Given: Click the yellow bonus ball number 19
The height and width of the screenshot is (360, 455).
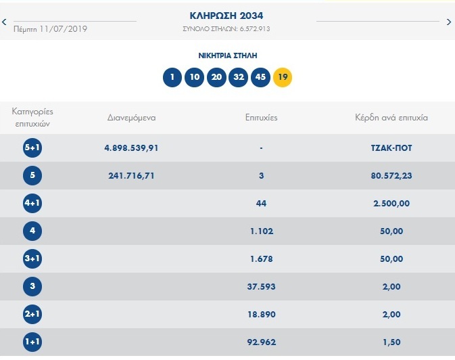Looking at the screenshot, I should coord(283,77).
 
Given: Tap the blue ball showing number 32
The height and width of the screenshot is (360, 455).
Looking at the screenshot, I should coord(239,77).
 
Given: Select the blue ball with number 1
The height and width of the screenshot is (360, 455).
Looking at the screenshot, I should coord(172,77).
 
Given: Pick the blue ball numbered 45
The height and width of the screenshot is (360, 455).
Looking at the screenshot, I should coord(260,77).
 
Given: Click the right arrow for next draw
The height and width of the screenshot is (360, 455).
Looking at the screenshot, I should coord(449,22).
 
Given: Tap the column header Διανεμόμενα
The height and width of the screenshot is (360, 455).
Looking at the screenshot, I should coord(132,118).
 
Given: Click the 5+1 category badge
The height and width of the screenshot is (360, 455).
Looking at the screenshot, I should coord(32,148).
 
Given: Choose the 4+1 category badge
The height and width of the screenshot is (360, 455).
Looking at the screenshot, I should coord(32,203).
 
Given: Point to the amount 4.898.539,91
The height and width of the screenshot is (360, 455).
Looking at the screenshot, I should coord(132,148).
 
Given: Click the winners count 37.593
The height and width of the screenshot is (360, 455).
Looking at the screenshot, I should coord(261,286).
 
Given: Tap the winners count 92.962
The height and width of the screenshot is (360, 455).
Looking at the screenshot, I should coord(261,341).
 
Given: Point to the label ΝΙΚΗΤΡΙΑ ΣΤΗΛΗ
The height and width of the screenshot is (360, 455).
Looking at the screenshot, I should coord(227,55).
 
